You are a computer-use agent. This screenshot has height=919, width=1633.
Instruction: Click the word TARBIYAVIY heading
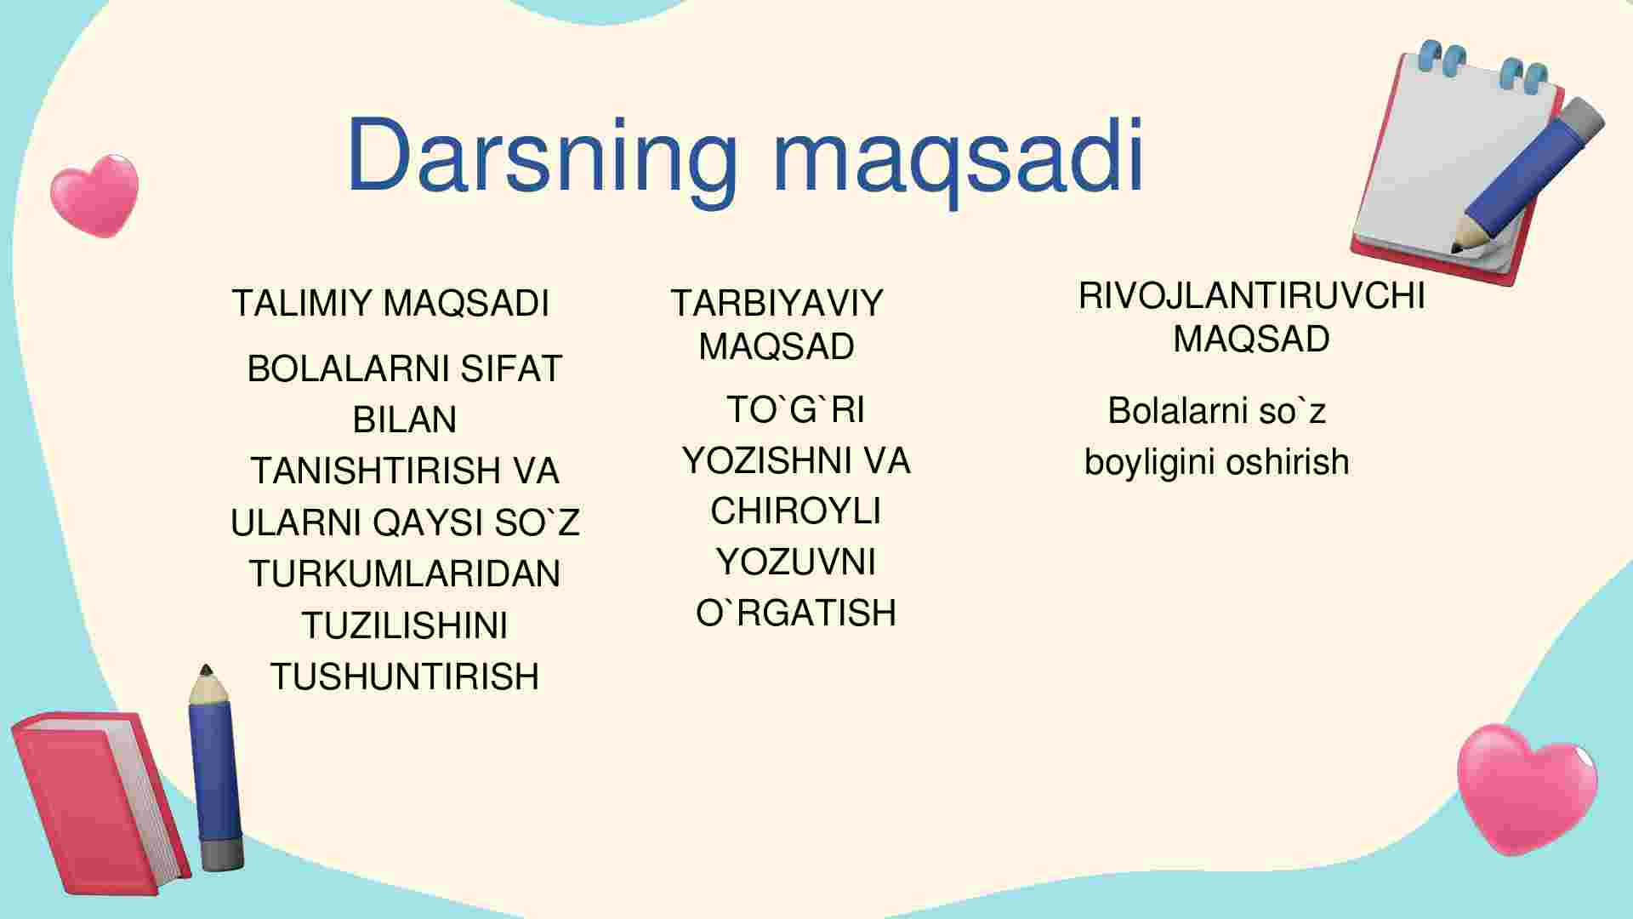777,304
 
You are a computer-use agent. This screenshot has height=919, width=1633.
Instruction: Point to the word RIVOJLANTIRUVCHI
1251,296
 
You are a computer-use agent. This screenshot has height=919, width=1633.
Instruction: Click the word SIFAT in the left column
511,369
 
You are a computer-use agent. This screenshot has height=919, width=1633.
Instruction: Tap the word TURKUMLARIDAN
405,574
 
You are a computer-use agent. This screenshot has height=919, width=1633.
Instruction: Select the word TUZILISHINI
405,625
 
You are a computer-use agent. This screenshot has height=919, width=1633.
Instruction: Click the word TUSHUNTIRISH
405,676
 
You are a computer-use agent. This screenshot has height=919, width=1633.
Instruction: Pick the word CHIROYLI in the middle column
796,511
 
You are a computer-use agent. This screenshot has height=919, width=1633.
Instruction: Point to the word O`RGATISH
796,613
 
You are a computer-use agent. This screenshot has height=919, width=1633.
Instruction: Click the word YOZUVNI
796,562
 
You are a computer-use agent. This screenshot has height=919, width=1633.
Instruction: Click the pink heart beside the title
94,196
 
